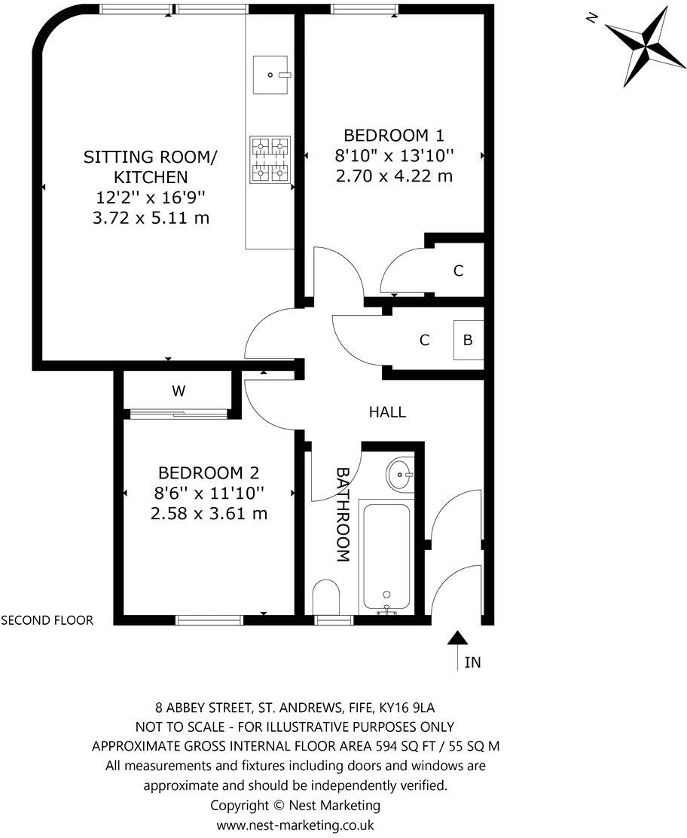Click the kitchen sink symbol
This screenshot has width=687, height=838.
pyautogui.click(x=272, y=75)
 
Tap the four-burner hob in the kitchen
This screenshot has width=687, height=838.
pyautogui.click(x=270, y=160)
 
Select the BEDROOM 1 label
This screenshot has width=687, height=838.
pyautogui.click(x=393, y=136)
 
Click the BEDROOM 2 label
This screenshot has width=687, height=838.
pyautogui.click(x=209, y=473)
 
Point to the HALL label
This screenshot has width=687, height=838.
pyautogui.click(x=387, y=412)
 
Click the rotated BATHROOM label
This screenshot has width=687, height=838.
pyautogui.click(x=343, y=515)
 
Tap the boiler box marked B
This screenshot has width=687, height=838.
pyautogui.click(x=468, y=341)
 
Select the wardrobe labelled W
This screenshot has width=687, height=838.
pyautogui.click(x=178, y=391)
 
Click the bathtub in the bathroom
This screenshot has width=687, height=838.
pyautogui.click(x=386, y=558)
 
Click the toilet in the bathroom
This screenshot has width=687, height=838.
pyautogui.click(x=325, y=597)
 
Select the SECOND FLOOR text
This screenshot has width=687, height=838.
pyautogui.click(x=47, y=621)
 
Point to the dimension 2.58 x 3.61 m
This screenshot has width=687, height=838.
pyautogui.click(x=209, y=514)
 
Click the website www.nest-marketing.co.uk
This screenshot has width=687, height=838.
pyautogui.click(x=295, y=825)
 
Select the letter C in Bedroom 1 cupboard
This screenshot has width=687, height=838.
pyautogui.click(x=458, y=271)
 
